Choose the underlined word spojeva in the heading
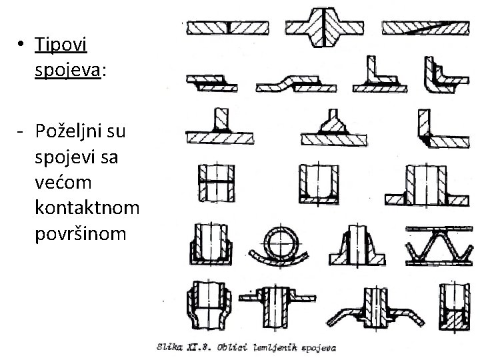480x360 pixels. (67, 71)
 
